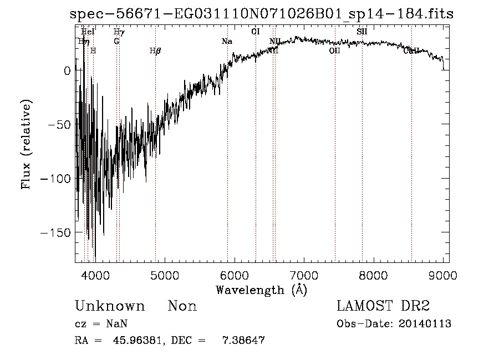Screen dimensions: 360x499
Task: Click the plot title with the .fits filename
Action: (262, 14)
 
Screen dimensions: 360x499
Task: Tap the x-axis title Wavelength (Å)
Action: (261, 290)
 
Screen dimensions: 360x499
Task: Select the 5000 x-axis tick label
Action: (164, 275)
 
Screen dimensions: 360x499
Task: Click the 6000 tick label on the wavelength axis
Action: (234, 275)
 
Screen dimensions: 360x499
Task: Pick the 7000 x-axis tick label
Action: (303, 275)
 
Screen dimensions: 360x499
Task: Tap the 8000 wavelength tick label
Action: (373, 275)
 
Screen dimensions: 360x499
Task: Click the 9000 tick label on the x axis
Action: (442, 275)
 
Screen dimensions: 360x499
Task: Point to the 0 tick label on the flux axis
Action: (67, 70)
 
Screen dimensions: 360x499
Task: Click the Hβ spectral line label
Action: (155, 50)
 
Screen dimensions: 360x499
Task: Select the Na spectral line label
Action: (227, 42)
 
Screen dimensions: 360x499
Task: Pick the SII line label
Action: (362, 32)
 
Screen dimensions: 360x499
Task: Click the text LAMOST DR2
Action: (383, 306)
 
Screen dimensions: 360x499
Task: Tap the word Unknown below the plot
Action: (110, 306)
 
